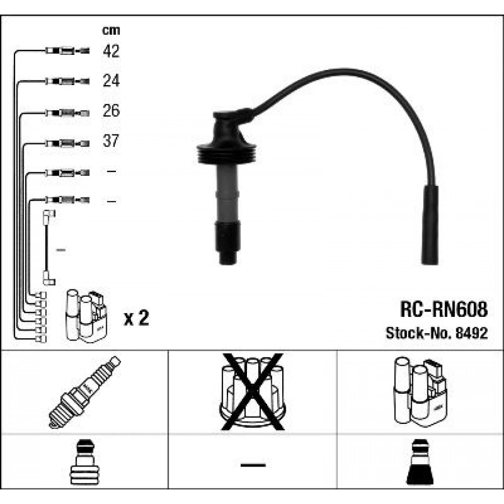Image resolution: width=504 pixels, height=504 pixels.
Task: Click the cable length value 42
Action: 111,51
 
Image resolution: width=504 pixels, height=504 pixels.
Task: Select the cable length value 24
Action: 111,81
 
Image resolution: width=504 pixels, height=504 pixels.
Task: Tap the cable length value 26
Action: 111,110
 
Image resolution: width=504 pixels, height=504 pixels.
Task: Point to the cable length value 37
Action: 111,141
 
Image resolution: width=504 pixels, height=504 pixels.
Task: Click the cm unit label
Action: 111,30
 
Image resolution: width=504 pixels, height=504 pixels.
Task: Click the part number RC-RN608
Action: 444,309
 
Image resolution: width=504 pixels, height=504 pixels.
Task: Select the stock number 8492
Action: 472,333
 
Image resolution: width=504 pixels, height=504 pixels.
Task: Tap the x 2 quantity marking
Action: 137,318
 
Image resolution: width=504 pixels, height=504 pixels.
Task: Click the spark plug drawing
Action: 85,392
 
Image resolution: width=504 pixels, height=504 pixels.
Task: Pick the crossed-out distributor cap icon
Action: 253,392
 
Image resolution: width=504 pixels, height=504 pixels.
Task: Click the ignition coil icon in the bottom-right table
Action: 420,391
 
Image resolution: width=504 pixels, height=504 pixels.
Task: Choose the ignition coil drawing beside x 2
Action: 86,316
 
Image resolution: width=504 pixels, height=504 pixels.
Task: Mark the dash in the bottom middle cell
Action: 253,465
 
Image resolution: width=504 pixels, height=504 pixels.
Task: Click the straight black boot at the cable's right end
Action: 430,225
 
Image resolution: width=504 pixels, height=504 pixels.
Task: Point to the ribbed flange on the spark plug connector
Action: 227,153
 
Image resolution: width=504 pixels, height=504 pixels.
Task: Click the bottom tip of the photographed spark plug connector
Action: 227,264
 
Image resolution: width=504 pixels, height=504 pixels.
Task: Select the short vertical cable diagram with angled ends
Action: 49,248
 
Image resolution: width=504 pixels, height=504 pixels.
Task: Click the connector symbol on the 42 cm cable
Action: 67,51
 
